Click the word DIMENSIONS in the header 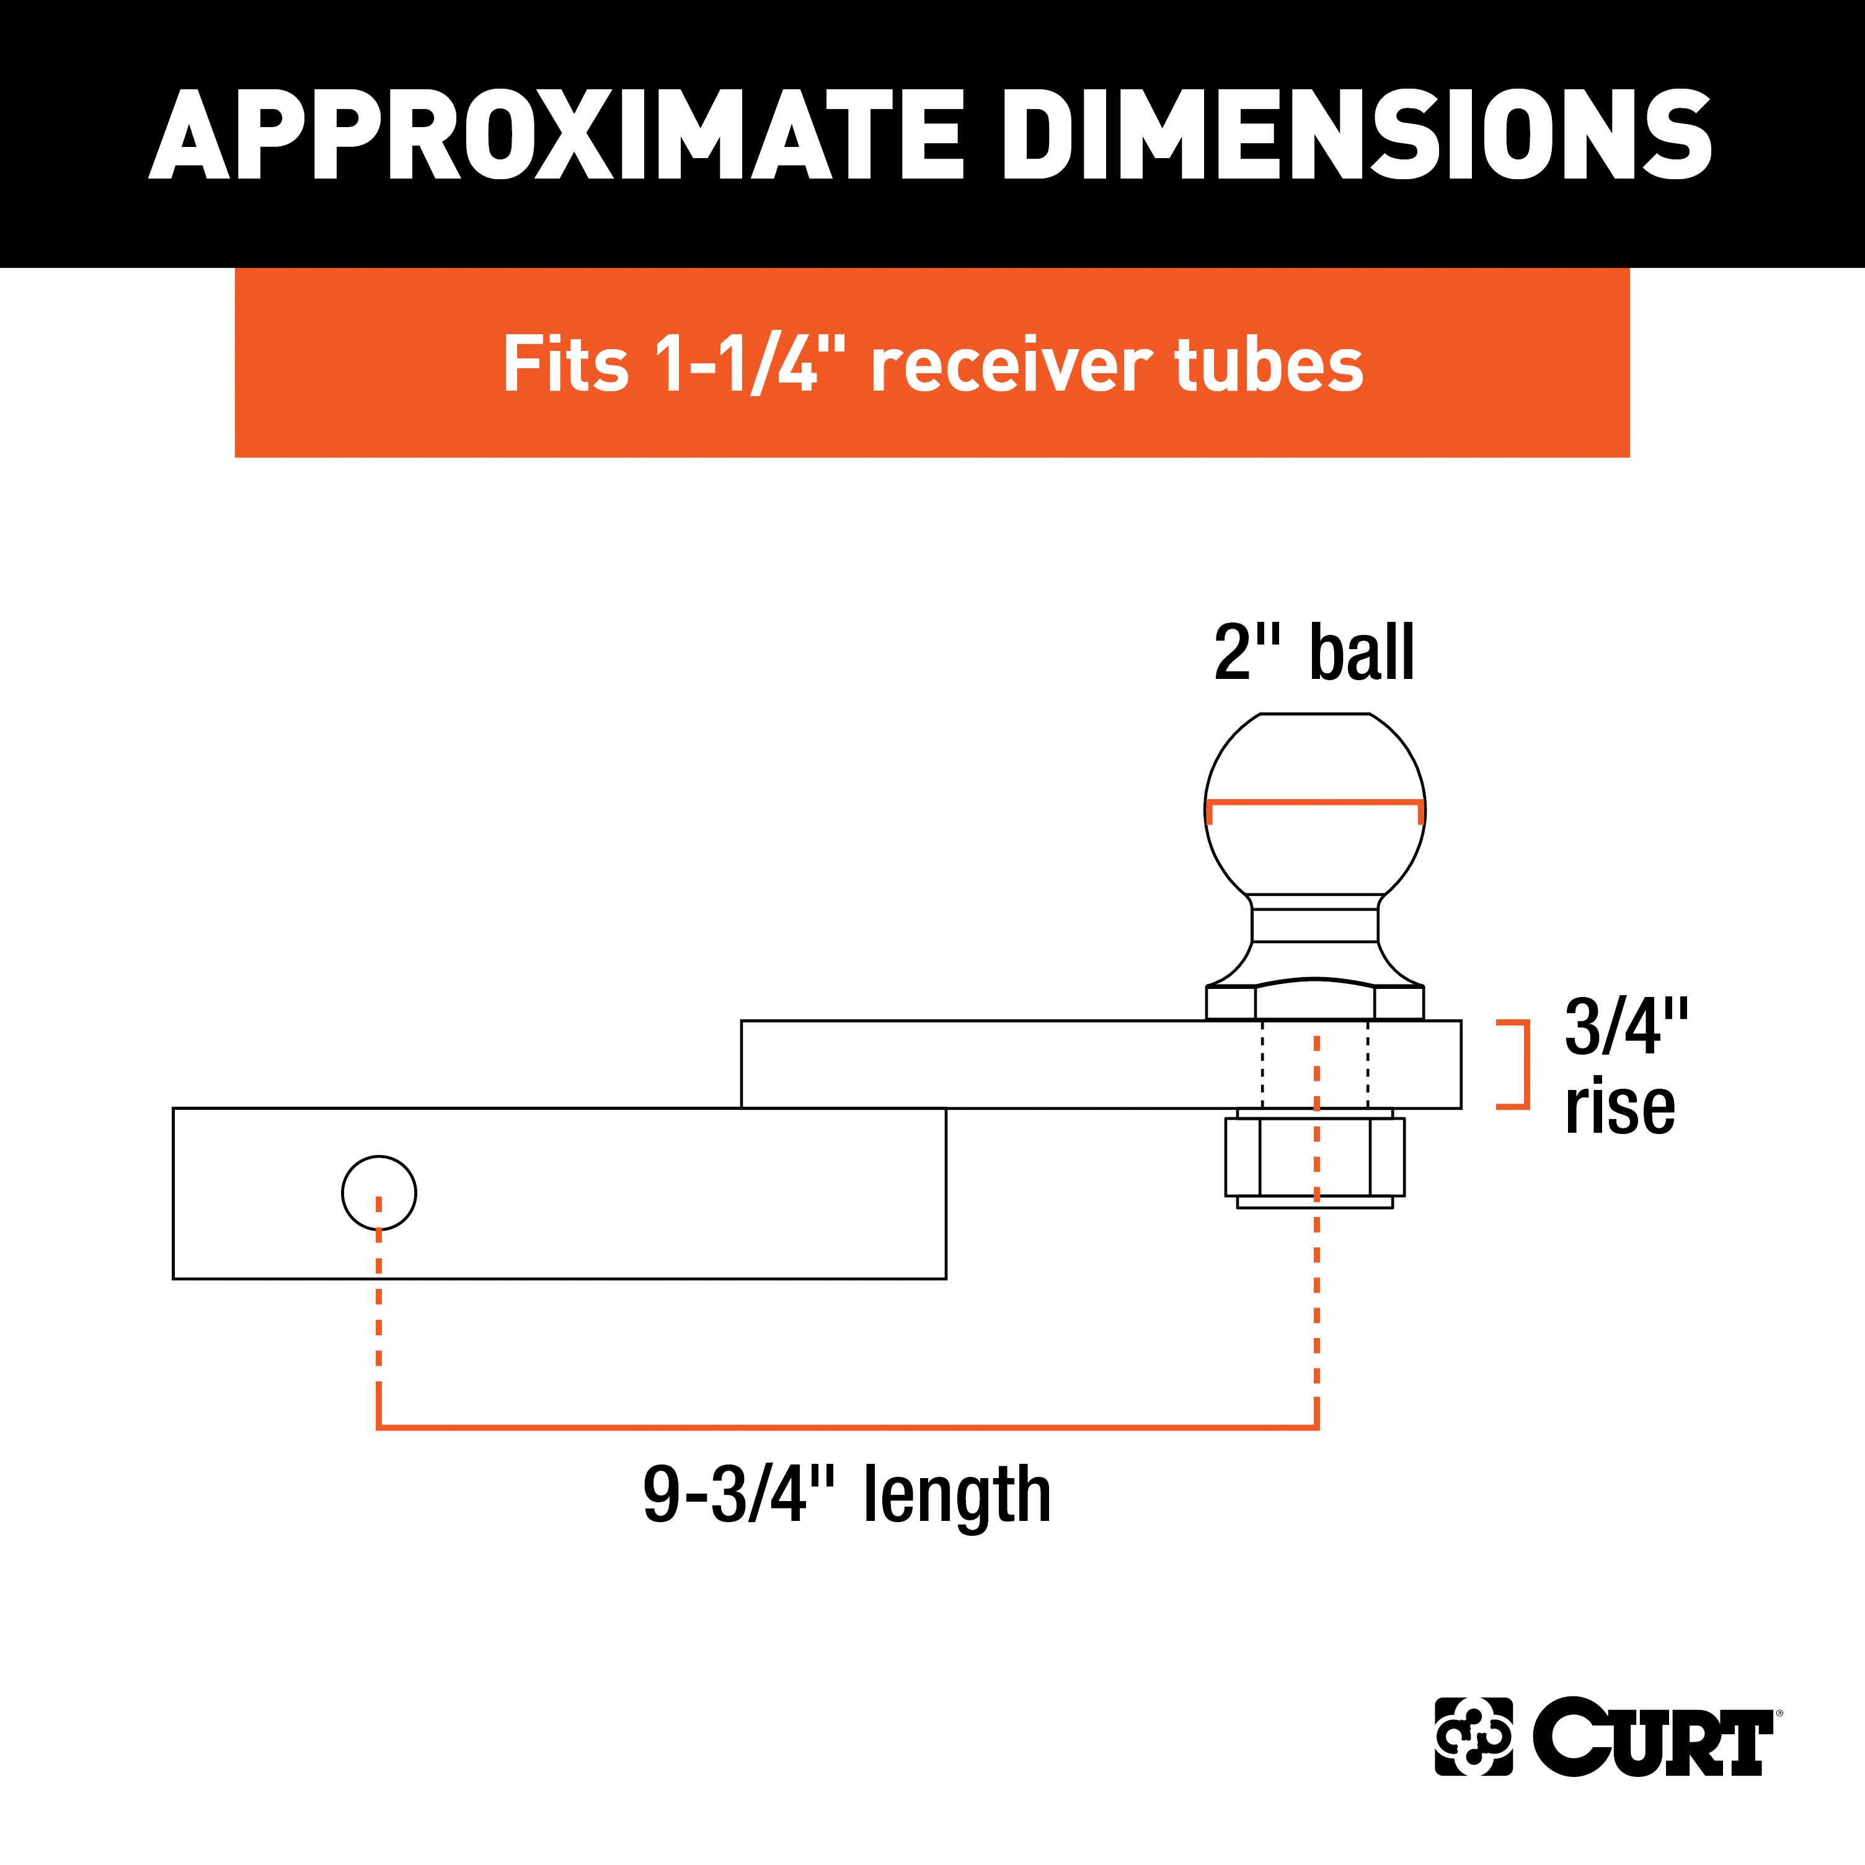click(1356, 135)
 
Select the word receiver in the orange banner click(1011, 366)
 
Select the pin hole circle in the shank click(379, 1193)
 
